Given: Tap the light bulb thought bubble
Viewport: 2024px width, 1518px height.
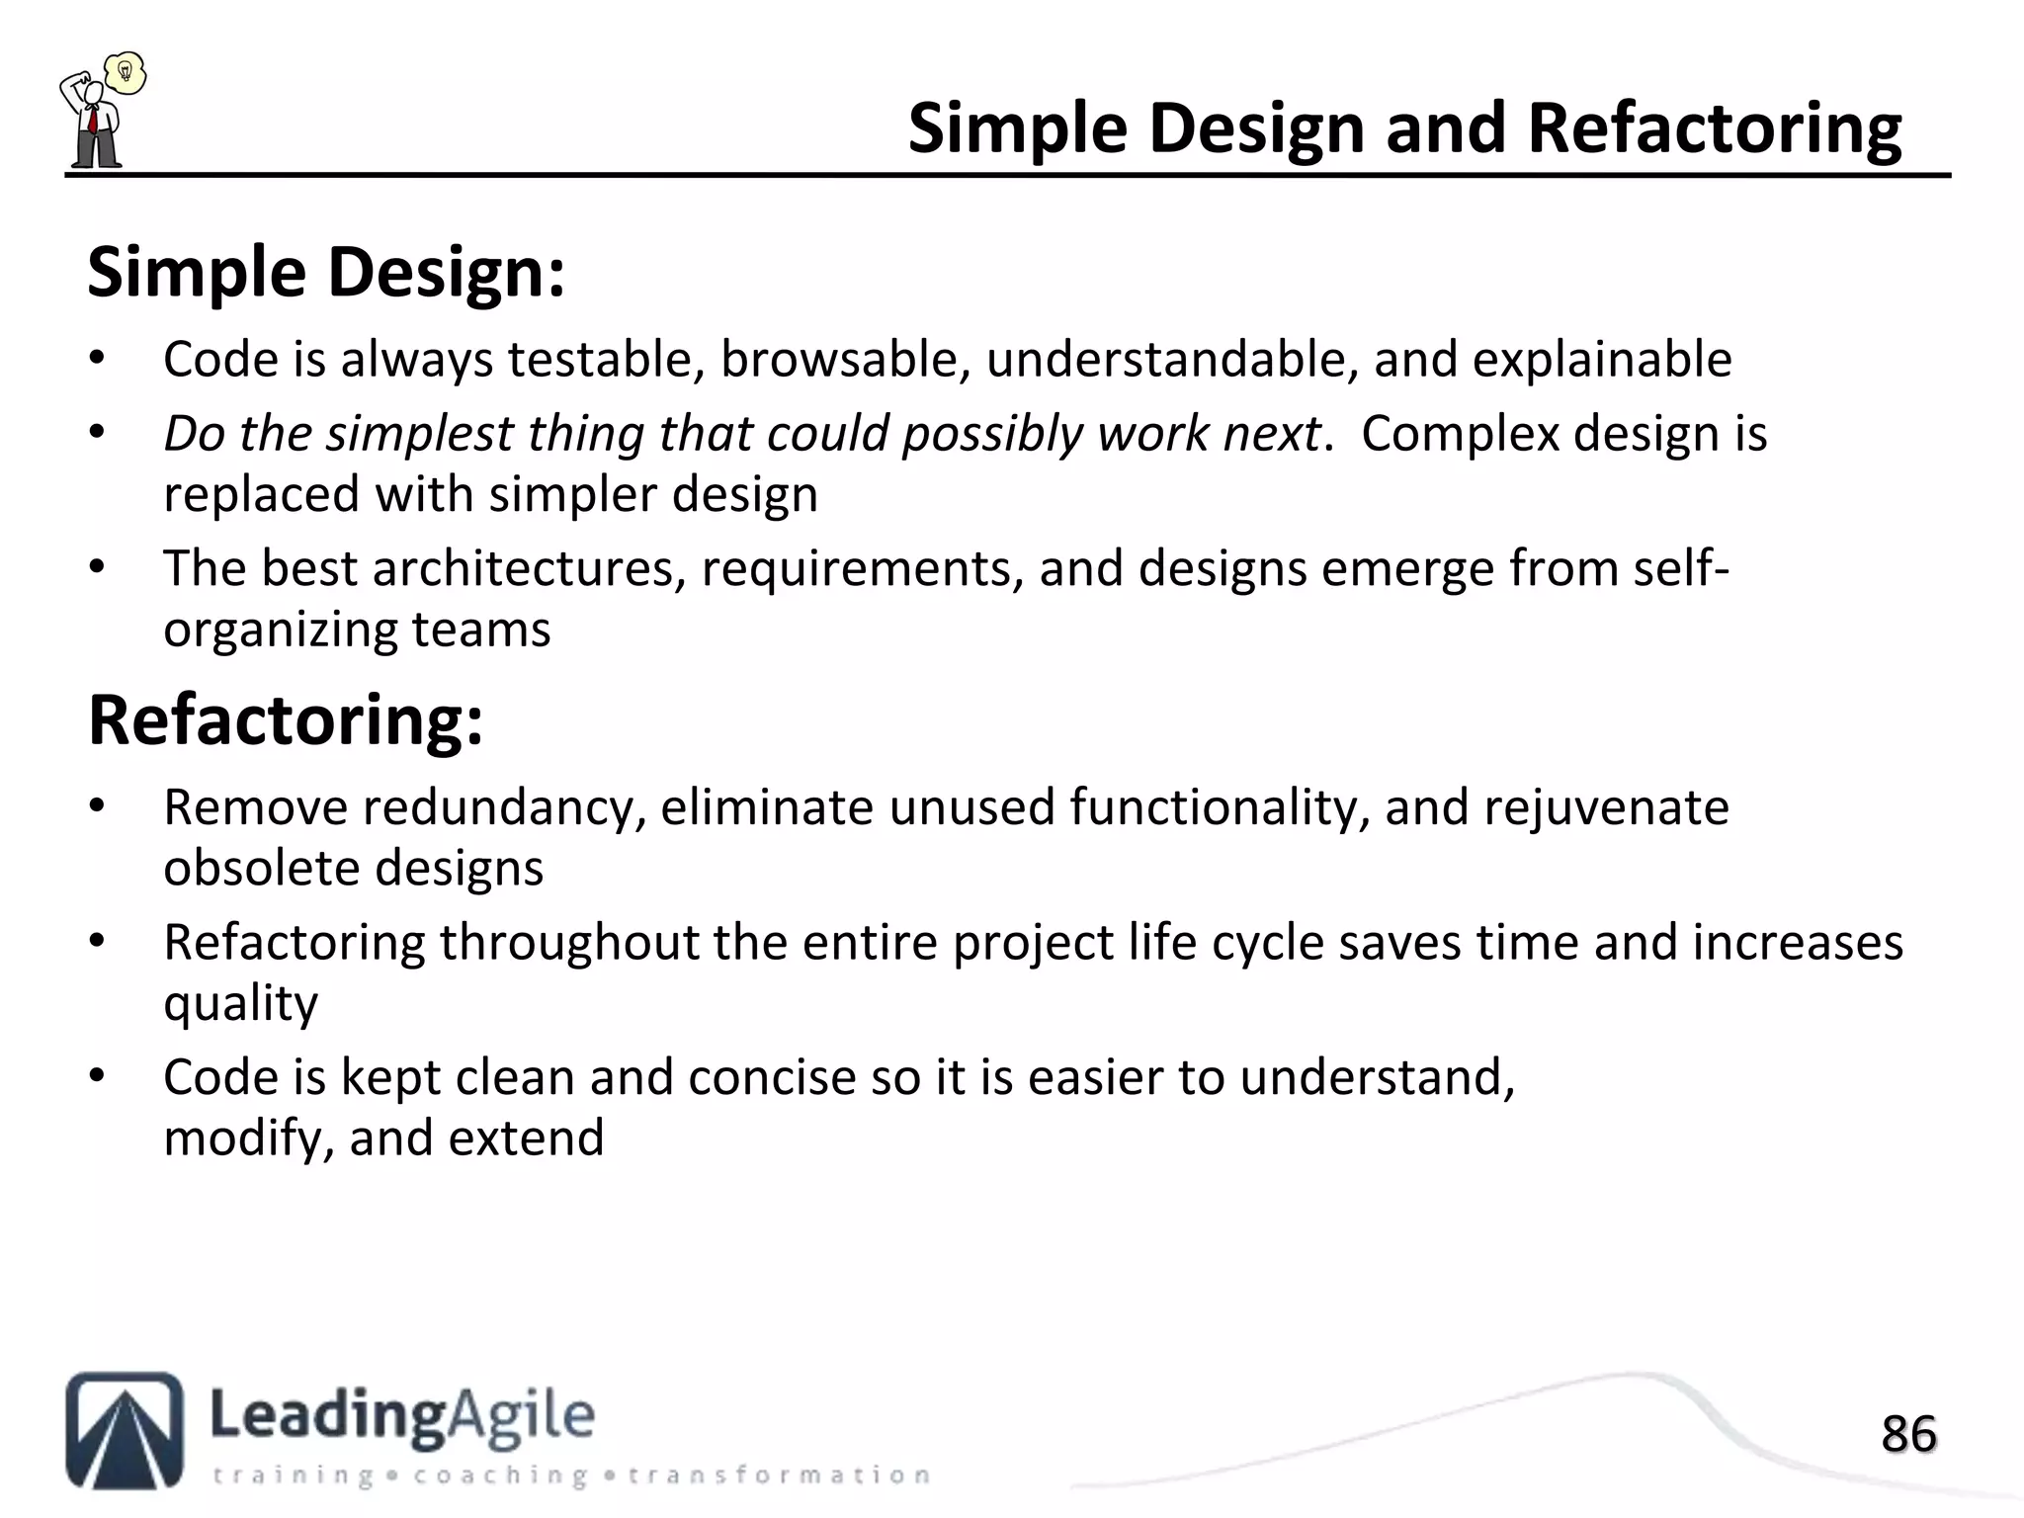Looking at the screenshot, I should click(126, 72).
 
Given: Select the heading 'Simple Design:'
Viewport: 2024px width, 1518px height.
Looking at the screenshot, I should click(326, 272).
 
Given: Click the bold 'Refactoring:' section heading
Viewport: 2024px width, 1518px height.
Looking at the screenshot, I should click(286, 720).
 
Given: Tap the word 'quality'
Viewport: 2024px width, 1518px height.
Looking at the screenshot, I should click(240, 1003).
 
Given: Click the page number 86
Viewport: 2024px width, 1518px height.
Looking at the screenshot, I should click(1908, 1434).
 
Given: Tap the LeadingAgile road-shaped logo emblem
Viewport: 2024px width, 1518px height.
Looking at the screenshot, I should click(125, 1430).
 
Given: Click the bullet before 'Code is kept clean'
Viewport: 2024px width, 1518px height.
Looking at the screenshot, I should click(96, 1075).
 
